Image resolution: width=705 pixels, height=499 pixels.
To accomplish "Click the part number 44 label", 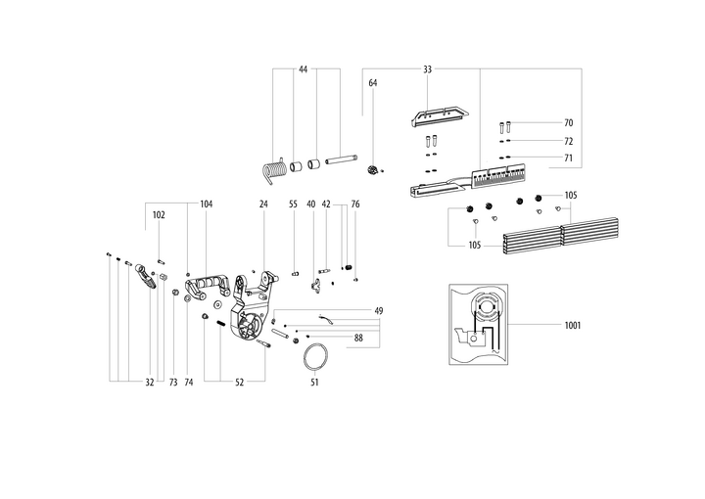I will point(304,69).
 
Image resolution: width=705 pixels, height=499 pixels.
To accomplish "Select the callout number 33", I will point(428,69).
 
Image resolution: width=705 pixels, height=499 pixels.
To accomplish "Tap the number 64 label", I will point(373,83).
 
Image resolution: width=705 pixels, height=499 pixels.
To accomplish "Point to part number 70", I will point(568,123).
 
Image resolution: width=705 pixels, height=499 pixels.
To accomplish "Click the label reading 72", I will point(568,141).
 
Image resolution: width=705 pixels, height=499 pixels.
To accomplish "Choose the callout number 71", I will point(568,158).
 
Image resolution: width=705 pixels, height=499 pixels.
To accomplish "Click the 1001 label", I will point(572,325).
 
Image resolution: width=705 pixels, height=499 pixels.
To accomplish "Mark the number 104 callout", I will point(206,204).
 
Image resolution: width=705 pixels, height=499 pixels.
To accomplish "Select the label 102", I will point(159,214).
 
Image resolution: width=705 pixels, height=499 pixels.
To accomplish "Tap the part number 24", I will point(263,204).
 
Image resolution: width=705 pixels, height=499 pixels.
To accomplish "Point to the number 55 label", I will point(293,204).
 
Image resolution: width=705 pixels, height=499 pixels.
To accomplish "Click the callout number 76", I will point(355,204).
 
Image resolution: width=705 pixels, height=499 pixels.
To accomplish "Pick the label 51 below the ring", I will point(314,383).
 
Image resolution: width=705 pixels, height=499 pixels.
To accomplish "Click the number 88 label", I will point(359,339).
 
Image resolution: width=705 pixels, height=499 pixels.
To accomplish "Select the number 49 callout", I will point(378,310).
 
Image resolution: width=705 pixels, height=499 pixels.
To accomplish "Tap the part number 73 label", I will point(172,383).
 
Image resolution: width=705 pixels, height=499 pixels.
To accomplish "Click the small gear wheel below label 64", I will point(373,171).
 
